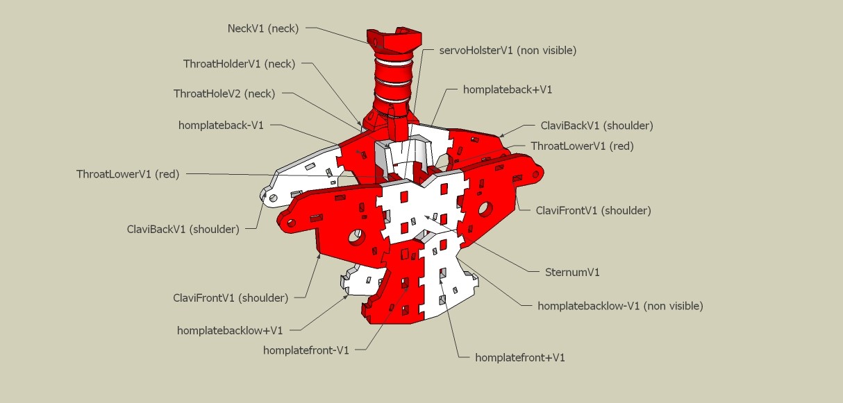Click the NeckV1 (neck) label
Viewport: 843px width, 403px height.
[263, 28]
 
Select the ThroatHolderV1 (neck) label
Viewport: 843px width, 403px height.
[239, 64]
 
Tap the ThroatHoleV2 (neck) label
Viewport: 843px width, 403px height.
[224, 93]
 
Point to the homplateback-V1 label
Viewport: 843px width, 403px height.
[221, 126]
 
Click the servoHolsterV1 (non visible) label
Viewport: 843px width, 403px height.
[508, 50]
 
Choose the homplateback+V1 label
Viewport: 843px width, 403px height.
[507, 89]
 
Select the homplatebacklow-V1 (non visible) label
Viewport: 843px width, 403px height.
[620, 305]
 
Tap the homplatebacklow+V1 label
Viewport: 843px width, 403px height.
[230, 330]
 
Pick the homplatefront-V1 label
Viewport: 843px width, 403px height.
[306, 350]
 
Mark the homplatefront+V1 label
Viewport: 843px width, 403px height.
[519, 357]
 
